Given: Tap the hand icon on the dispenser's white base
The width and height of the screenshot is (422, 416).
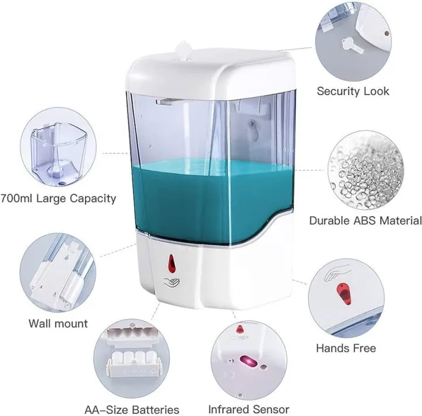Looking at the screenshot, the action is coord(172,282).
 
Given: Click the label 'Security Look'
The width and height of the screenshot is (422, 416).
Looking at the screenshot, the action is coord(353,91).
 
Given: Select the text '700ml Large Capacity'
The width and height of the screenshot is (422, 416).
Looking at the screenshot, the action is coord(58,199).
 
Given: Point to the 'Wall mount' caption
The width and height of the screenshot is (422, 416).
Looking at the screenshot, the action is coord(58,323).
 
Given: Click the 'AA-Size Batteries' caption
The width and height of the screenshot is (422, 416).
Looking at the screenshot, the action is coord(132,410).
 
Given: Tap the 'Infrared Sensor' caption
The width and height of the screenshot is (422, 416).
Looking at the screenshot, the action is coord(249,410).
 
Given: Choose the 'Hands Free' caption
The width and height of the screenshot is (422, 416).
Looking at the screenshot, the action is coord(346,348).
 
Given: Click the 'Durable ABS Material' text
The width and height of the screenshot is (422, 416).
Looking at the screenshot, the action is coord(366,221).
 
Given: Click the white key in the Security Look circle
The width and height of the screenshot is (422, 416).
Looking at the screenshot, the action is coord(352,46).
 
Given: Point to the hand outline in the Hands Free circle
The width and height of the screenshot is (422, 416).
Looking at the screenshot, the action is coord(336,272).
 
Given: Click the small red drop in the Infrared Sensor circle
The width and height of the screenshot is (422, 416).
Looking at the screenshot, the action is coord(240,329).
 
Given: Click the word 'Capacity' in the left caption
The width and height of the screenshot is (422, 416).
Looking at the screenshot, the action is coord(93,199).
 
